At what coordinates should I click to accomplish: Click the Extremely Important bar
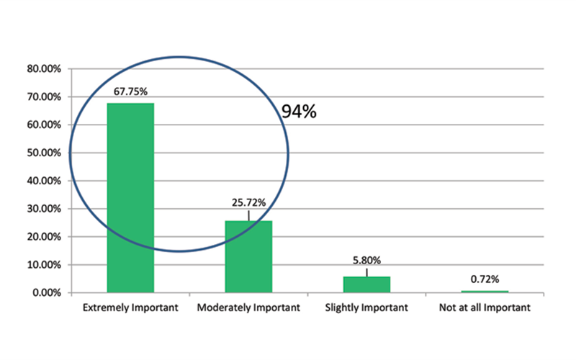(130, 198)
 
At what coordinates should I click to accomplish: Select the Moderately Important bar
(248, 256)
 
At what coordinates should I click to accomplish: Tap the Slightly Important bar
(366, 284)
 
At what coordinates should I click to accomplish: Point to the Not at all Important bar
(485, 291)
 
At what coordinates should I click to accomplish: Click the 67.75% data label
(130, 91)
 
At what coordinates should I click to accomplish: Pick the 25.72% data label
(248, 203)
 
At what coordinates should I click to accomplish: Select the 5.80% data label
(366, 261)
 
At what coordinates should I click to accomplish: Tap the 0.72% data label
(485, 279)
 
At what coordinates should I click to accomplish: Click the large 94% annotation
(299, 112)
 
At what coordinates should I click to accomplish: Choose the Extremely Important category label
(130, 308)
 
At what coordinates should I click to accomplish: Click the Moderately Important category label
(248, 308)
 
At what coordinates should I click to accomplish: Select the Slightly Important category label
(366, 308)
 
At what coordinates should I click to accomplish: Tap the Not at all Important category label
(485, 308)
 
